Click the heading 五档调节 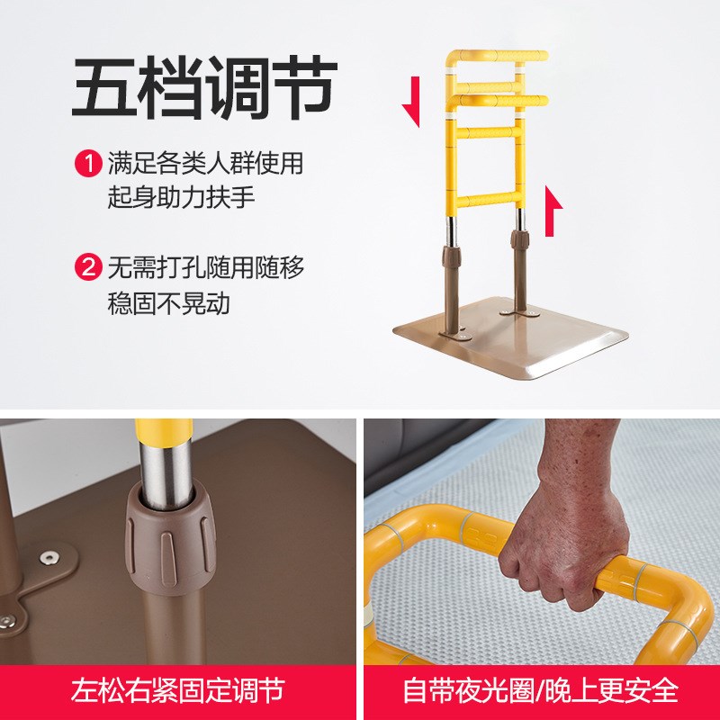point(204,88)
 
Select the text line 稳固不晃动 point(169,302)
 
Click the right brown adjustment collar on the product point(521,240)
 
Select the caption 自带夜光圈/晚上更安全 point(540,691)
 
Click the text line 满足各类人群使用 point(205,164)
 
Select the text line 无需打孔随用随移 point(205,268)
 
